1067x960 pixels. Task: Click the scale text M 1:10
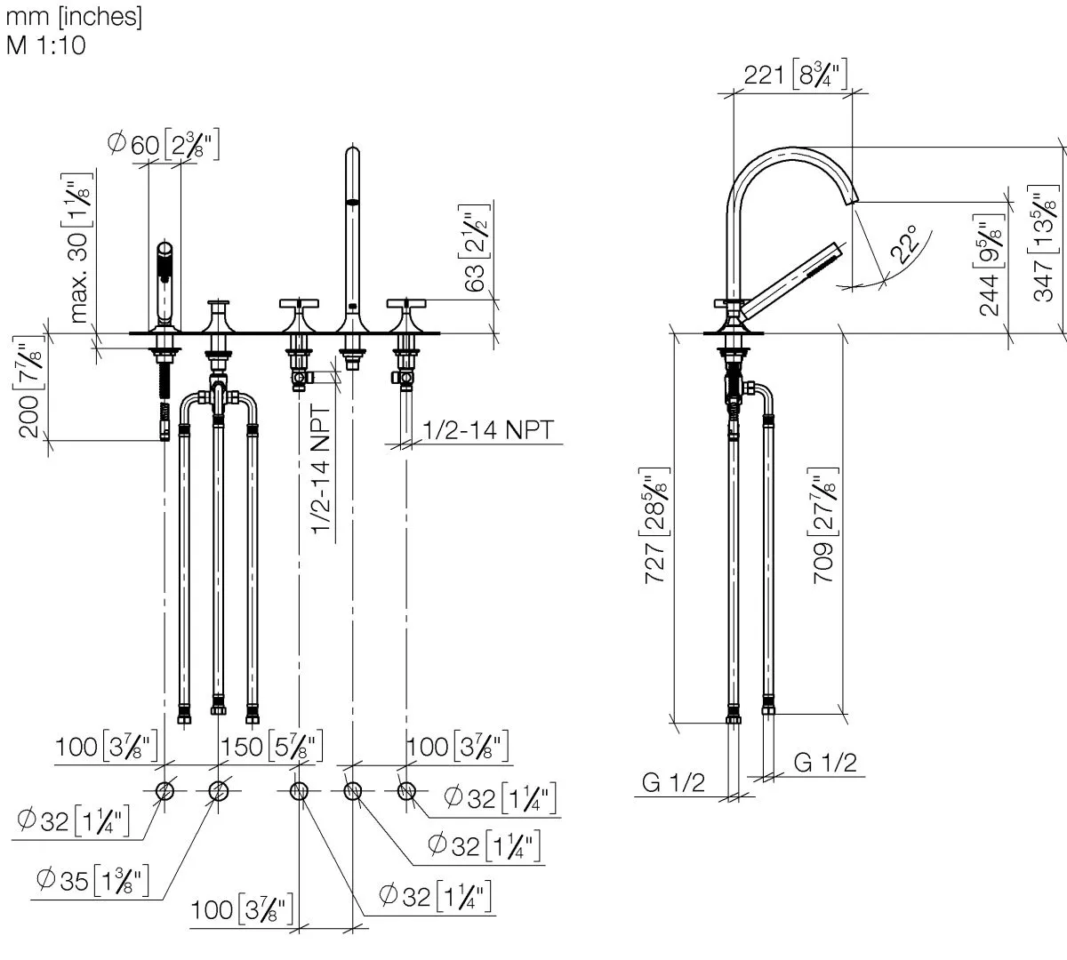tap(45, 45)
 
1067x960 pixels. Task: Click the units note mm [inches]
tap(74, 17)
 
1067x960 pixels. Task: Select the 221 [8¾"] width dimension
tap(795, 74)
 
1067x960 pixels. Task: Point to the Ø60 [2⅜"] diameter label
tap(164, 144)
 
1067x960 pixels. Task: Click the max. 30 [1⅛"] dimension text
tap(79, 248)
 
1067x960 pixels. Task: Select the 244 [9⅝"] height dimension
tap(990, 265)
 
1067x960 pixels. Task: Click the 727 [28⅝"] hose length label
tap(654, 525)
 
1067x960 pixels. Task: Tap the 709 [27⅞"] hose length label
tap(823, 525)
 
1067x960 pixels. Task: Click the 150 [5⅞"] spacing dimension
tap(272, 746)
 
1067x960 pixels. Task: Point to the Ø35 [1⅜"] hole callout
tap(92, 881)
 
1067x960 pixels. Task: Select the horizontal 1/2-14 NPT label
tap(489, 429)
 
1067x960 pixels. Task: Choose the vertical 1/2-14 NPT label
tap(320, 469)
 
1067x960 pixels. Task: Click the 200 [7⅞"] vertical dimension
tap(28, 388)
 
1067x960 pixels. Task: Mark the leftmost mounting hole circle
tap(164, 791)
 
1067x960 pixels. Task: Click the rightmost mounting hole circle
tap(406, 791)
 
